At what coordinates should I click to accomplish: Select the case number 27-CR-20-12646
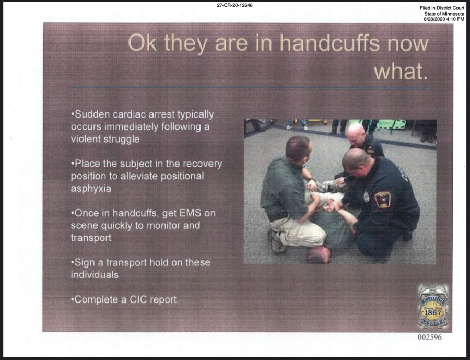coord(234,5)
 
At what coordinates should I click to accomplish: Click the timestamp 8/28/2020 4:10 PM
coord(444,19)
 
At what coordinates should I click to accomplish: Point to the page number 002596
coord(430,337)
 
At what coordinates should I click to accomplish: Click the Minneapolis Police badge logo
coord(433,306)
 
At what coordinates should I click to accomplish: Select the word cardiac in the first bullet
coord(130,114)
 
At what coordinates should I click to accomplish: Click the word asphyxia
coord(91,189)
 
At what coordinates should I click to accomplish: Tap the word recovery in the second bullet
coord(202,164)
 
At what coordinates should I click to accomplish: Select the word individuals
coord(95,275)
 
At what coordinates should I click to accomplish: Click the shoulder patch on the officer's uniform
coord(382,200)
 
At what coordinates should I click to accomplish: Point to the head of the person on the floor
coord(319,254)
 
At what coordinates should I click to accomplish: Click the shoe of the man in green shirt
coord(276,241)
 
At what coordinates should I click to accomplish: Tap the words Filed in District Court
coord(442,8)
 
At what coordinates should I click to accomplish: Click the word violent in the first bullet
coord(85,139)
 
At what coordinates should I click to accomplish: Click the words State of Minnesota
coord(444,14)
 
